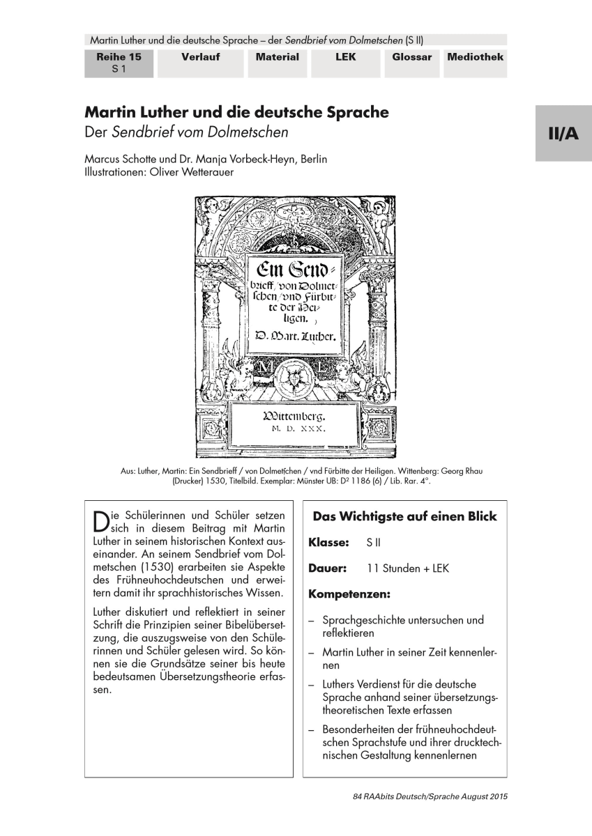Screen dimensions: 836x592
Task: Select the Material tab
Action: (277, 57)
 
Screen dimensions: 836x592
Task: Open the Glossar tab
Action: (411, 57)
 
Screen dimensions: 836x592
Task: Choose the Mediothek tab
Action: (475, 57)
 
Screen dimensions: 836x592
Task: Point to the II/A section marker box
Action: (563, 134)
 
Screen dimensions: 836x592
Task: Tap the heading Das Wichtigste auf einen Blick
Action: (404, 516)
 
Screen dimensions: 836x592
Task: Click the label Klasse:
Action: (329, 542)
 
